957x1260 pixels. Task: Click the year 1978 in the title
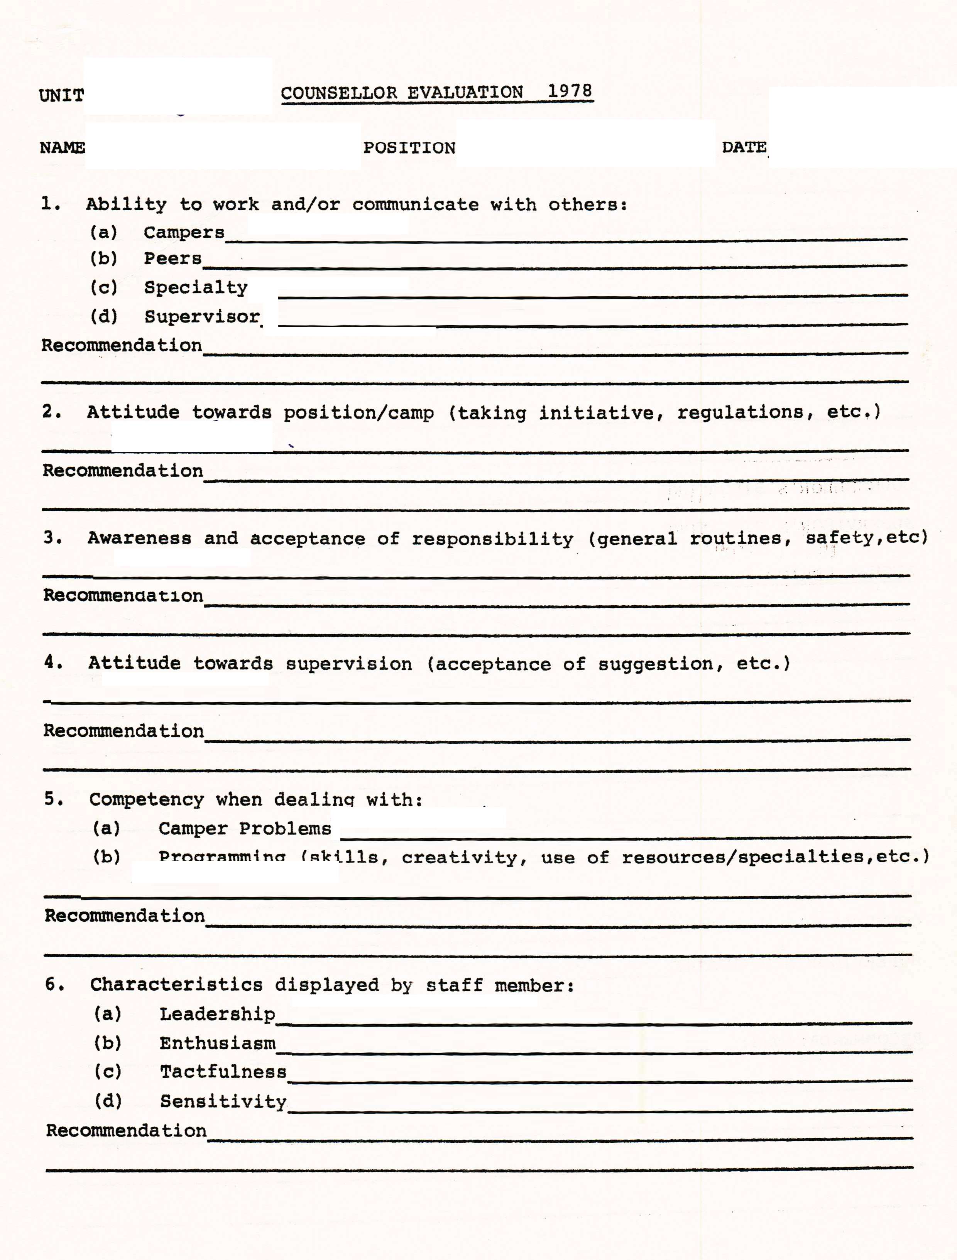(569, 91)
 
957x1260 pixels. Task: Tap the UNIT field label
(61, 95)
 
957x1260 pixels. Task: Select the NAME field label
(62, 147)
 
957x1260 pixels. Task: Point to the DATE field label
(744, 147)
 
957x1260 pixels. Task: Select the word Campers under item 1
(184, 232)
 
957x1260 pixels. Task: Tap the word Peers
(172, 258)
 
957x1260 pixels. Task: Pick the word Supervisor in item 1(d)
(202, 317)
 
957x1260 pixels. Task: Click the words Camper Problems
(244, 829)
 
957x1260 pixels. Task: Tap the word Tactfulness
(223, 1072)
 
